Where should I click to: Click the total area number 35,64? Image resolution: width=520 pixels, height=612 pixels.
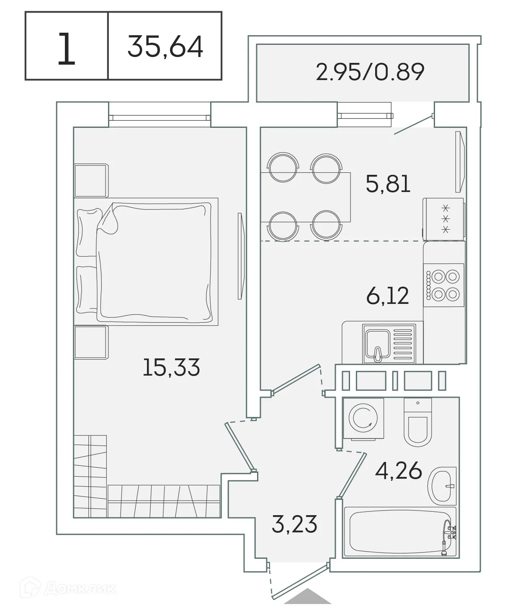click(x=165, y=47)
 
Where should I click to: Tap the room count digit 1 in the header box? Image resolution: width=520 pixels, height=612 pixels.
click(x=66, y=49)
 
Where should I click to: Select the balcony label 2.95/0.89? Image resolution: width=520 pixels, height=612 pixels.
click(x=370, y=72)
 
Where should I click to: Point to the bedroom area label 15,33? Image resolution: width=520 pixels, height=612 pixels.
click(x=171, y=367)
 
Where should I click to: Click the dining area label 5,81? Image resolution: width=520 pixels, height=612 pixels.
click(x=388, y=184)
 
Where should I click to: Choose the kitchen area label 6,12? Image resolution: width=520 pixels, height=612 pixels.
click(x=387, y=296)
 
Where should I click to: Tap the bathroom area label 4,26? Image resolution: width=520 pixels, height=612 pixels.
click(x=398, y=471)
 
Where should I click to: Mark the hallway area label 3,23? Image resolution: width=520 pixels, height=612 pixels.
click(x=294, y=524)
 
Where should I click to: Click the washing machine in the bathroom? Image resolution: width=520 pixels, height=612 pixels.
click(x=363, y=418)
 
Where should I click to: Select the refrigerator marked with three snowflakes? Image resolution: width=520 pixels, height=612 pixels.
click(x=443, y=219)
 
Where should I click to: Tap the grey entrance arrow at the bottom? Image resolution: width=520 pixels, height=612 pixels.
click(x=308, y=596)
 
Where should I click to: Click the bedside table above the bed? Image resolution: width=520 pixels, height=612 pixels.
click(x=91, y=180)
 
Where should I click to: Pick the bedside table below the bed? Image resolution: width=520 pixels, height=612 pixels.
click(x=91, y=342)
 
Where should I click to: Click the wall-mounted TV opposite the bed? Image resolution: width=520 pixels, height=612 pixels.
click(x=240, y=256)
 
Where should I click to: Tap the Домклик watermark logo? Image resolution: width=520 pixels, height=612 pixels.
click(x=71, y=589)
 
